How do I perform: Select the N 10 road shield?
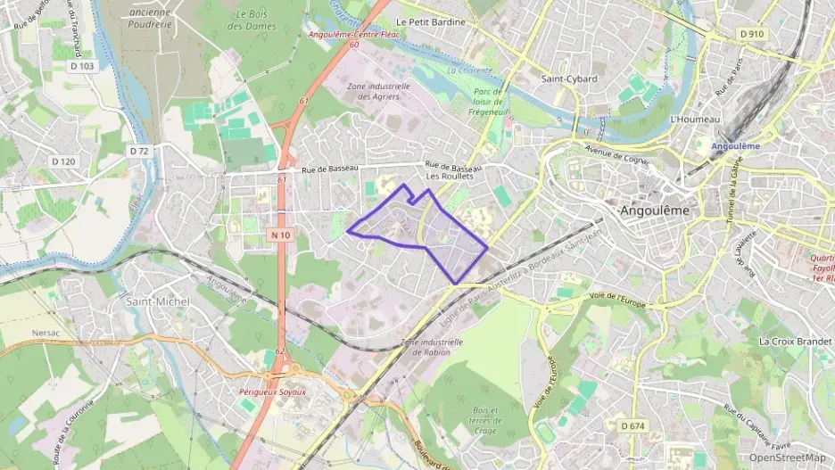click(280, 235)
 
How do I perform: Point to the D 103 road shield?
click(80, 66)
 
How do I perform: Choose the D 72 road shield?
click(138, 151)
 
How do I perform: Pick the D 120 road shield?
click(63, 161)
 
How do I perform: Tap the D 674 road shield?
click(630, 426)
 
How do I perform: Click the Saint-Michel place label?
click(158, 301)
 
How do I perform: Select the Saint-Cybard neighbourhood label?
click(568, 78)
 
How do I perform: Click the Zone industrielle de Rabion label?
click(433, 346)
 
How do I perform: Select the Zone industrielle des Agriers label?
click(377, 91)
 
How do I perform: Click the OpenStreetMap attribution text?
click(788, 458)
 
